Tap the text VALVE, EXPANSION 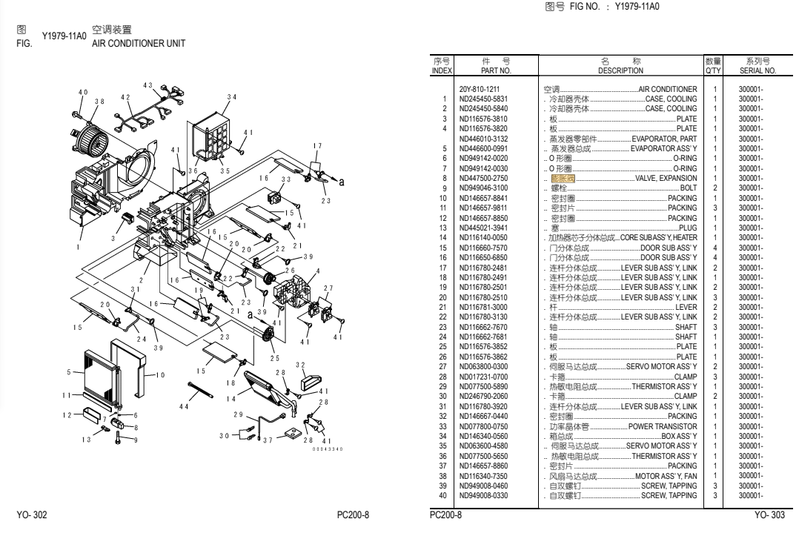[x=666, y=179]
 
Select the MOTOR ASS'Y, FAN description [x=666, y=475]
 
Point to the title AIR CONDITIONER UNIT [x=138, y=43]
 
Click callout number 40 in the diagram [x=83, y=91]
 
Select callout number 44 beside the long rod [x=185, y=407]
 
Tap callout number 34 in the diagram [x=232, y=96]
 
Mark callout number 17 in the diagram [x=317, y=145]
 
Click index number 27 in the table [x=442, y=365]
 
